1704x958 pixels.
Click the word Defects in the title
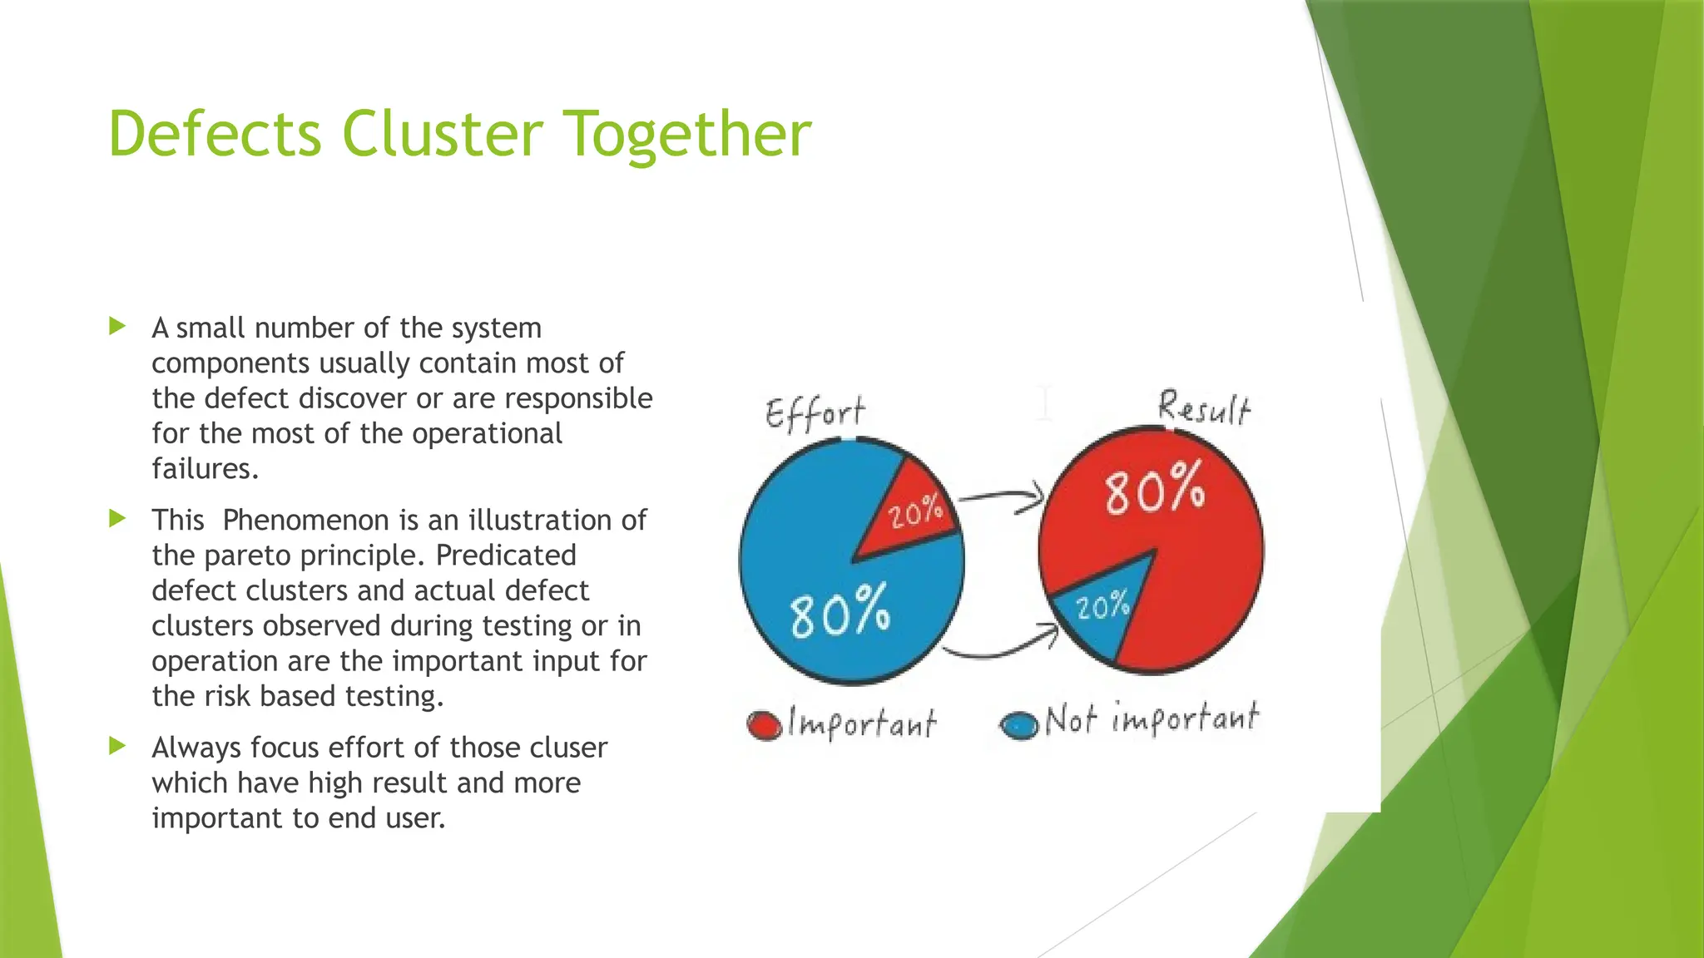(215, 134)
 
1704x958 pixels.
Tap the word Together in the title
(688, 136)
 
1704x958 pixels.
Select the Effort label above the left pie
(815, 412)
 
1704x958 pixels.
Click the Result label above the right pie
(1204, 408)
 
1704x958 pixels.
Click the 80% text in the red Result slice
(1155, 488)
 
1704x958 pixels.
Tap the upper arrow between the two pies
(1003, 497)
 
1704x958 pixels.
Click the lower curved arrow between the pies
(1003, 649)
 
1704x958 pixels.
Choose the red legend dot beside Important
(764, 724)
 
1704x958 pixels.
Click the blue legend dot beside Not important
(1019, 724)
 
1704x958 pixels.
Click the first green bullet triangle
(117, 326)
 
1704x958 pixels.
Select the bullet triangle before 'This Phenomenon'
(117, 519)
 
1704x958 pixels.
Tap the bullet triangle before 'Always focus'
(117, 746)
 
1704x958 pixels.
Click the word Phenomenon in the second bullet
(305, 520)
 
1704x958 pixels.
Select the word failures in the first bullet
(205, 469)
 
